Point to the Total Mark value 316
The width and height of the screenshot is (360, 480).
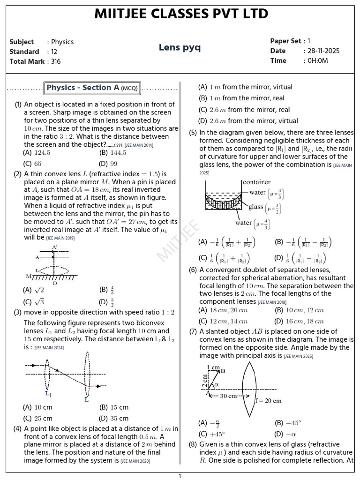click(x=56, y=61)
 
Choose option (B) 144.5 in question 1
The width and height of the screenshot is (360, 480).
click(x=113, y=153)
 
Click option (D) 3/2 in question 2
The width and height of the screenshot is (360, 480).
click(x=108, y=302)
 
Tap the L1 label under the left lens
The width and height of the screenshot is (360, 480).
click(x=48, y=393)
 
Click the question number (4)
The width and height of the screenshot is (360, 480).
click(x=17, y=429)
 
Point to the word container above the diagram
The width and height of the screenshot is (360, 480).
click(x=256, y=182)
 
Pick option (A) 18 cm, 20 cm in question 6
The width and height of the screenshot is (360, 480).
click(x=223, y=310)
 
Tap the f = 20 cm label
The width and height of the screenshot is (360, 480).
click(x=268, y=401)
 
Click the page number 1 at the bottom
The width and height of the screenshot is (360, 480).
click(x=180, y=476)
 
